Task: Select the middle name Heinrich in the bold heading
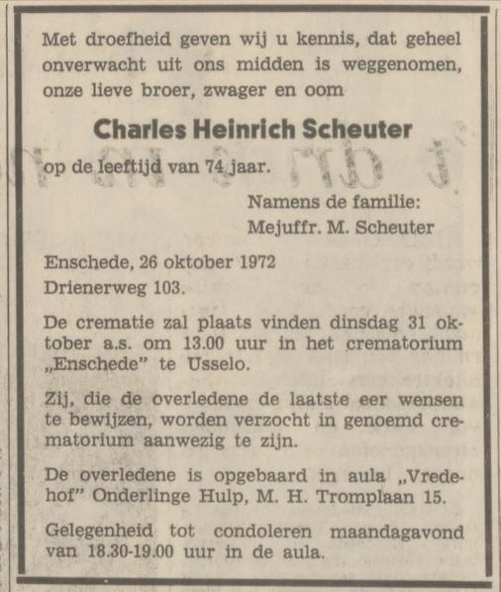[233, 131]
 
